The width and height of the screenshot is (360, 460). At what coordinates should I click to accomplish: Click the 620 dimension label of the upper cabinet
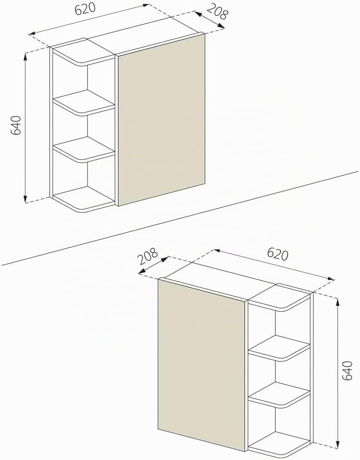85,8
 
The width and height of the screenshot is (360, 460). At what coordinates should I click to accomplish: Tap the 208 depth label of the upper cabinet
217,13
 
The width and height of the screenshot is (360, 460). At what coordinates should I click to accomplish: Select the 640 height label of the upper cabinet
16,125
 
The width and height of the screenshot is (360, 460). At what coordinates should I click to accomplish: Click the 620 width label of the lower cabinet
278,254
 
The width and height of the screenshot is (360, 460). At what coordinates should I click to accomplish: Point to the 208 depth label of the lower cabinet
148,256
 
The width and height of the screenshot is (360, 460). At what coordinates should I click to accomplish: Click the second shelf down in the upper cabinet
83,102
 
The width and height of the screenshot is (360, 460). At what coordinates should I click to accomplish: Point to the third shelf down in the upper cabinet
83,149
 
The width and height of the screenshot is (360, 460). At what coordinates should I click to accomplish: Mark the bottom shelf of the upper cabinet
83,199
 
